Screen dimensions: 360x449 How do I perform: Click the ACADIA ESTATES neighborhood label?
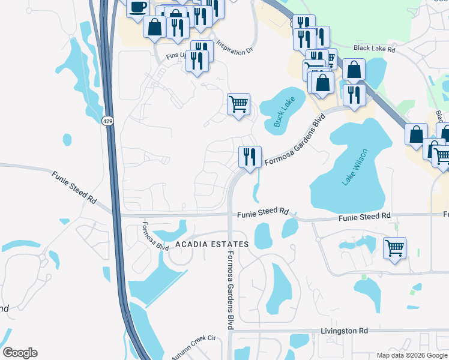click(212, 244)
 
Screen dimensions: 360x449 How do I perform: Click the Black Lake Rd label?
click(375, 49)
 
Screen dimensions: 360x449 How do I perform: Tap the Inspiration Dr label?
click(234, 48)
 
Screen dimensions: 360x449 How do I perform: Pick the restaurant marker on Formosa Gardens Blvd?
click(250, 156)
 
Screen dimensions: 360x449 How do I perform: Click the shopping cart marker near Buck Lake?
click(238, 104)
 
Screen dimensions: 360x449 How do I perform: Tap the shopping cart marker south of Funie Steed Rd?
click(394, 247)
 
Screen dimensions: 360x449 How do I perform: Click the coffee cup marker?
click(137, 7)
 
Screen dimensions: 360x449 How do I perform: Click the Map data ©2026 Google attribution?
click(412, 355)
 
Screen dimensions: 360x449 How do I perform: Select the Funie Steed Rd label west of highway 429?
click(74, 186)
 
